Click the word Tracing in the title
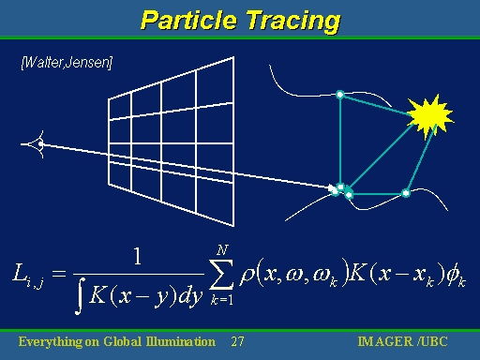290,19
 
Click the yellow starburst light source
431,114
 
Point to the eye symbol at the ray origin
37,144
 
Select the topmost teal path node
340,94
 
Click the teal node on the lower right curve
406,193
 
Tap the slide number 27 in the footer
237,341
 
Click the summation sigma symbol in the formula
222,274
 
